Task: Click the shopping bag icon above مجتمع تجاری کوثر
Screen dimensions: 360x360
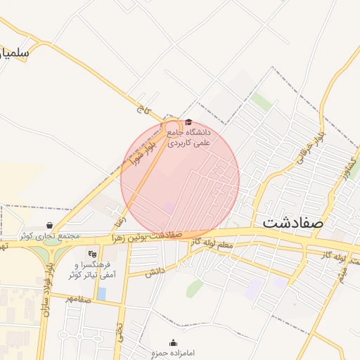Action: coord(49,225)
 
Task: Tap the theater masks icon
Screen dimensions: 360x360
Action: coord(92,254)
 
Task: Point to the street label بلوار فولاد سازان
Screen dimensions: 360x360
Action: coord(50,288)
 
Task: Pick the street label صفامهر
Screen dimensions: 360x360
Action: coord(78,299)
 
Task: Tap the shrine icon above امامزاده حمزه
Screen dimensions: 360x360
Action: coord(174,342)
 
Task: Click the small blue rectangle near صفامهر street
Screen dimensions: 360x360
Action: coord(102,293)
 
